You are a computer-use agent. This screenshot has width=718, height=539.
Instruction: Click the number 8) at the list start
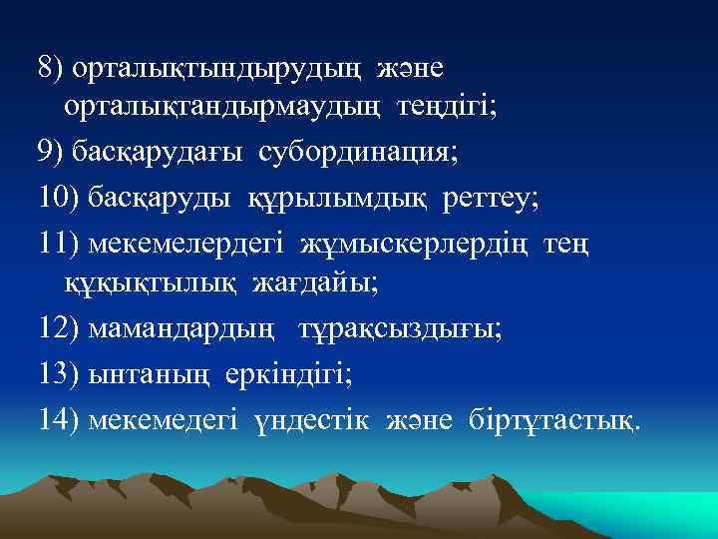click(51, 69)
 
